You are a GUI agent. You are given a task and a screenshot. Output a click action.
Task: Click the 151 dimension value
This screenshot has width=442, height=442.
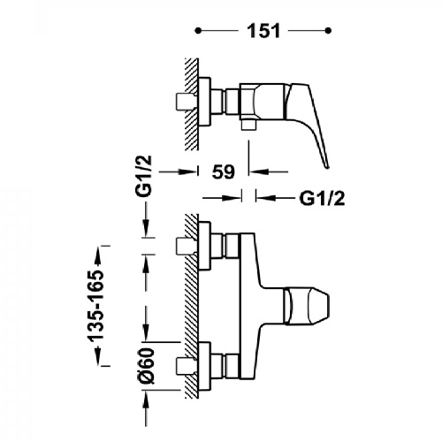263,31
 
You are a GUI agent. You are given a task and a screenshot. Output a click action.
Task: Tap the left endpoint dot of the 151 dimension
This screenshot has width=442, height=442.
199,30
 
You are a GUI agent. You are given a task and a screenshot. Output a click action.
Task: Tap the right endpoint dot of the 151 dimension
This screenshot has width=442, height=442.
329,30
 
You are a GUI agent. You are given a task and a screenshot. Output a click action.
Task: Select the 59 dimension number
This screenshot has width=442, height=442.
224,171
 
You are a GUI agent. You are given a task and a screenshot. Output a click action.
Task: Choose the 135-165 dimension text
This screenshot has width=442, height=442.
96,306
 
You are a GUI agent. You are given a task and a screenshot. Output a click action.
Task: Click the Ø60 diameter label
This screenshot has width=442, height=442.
147,366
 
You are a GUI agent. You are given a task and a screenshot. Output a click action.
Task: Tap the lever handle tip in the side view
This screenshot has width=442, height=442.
327,167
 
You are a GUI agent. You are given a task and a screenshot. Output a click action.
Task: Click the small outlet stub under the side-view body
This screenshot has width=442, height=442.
248,125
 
